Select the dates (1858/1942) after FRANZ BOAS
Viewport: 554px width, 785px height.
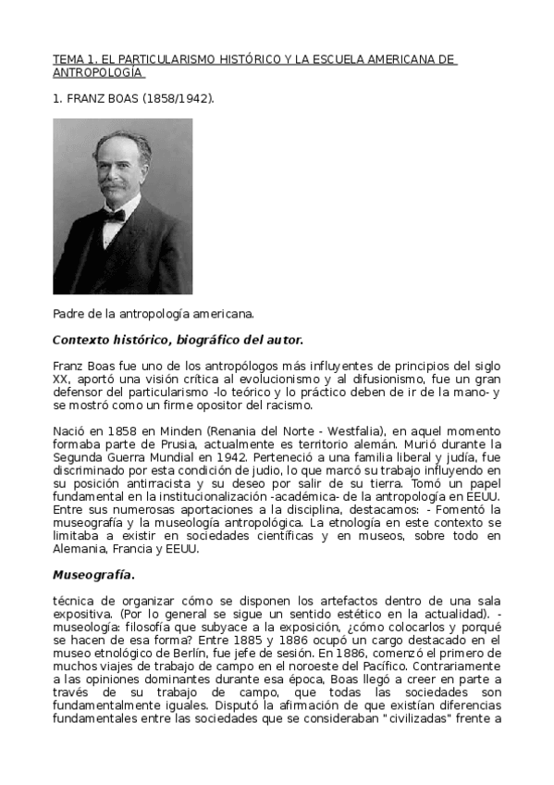178,96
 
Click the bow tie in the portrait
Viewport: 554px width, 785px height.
115,215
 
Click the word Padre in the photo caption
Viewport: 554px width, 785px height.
69,314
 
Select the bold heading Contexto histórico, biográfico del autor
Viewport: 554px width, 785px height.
178,340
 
